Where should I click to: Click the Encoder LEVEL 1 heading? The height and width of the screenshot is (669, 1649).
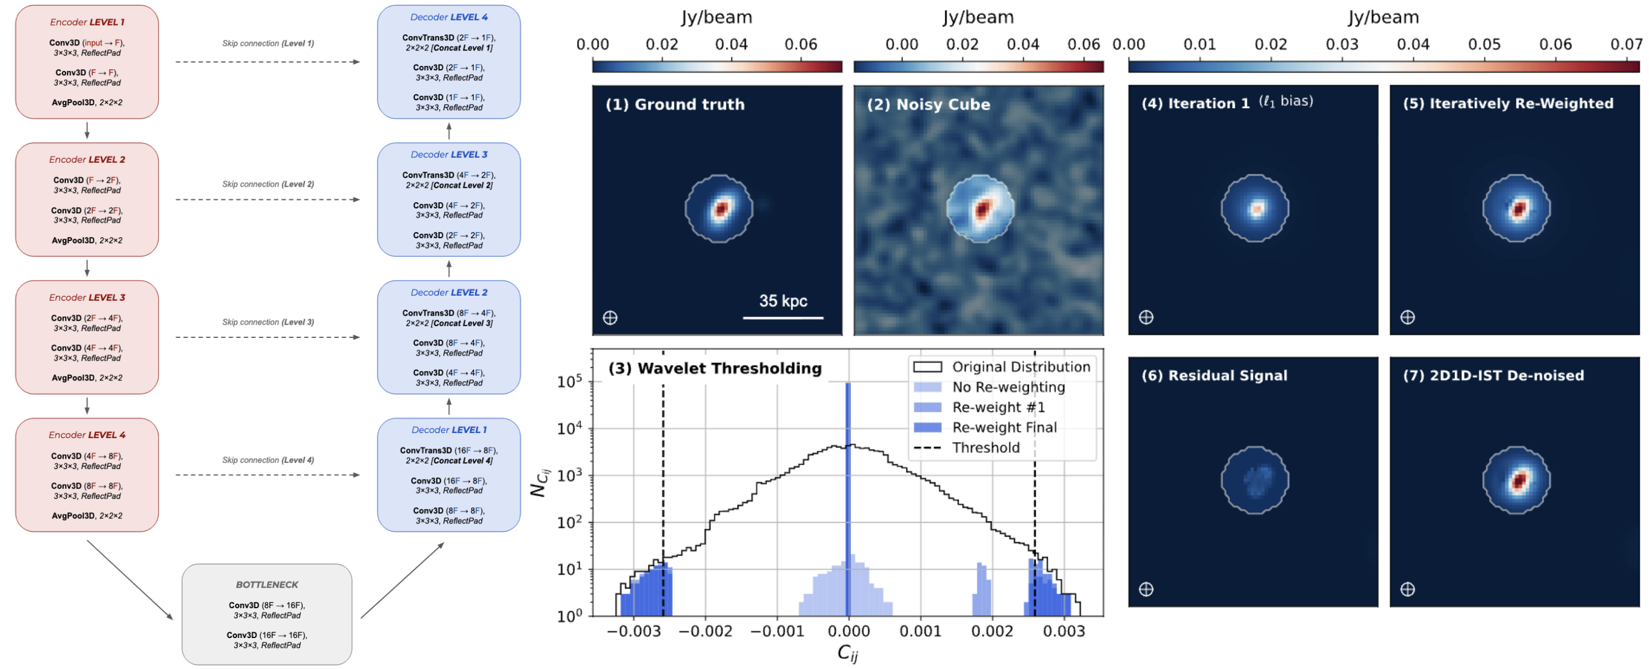[x=87, y=22]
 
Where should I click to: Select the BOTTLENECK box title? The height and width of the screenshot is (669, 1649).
[x=267, y=584]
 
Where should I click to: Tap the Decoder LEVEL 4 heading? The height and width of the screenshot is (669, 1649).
[x=449, y=17]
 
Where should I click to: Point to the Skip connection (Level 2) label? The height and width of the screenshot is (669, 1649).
[x=267, y=184]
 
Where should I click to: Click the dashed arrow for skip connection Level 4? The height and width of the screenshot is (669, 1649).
[x=267, y=475]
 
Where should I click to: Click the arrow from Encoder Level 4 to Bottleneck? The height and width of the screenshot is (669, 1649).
[x=130, y=579]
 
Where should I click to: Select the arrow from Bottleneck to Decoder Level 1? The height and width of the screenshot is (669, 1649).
[x=403, y=580]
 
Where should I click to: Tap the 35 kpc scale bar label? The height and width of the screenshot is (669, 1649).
[x=783, y=301]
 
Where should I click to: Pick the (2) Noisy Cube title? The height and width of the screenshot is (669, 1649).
[x=928, y=104]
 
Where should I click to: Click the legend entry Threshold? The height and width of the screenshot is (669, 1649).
[x=985, y=447]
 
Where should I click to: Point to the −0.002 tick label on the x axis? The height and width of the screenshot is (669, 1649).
[x=705, y=631]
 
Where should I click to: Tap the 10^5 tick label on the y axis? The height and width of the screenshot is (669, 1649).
[x=569, y=382]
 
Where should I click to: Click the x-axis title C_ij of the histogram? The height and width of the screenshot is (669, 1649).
[x=848, y=652]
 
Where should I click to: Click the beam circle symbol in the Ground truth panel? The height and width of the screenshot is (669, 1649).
[x=610, y=317]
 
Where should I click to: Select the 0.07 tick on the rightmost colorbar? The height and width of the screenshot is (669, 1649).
[x=1626, y=44]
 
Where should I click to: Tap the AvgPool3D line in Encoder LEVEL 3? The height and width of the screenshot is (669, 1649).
[x=87, y=378]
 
